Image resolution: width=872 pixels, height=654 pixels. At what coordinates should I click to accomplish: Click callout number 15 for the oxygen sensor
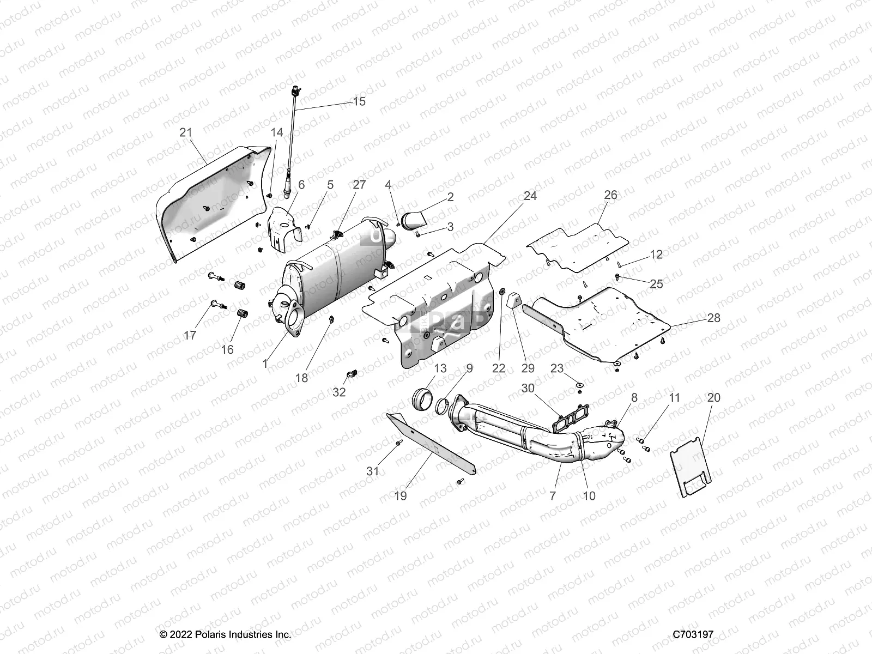coord(359,101)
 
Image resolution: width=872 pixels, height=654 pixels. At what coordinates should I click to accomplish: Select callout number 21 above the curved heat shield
coord(186,132)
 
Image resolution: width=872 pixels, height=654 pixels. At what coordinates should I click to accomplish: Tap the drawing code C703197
coord(693,634)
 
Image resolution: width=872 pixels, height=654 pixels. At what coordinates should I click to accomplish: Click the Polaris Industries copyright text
coord(225,634)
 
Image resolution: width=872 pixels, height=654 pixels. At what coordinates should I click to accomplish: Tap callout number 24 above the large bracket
coord(530,196)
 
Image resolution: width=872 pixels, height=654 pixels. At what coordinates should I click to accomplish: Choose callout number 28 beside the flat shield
coord(713,318)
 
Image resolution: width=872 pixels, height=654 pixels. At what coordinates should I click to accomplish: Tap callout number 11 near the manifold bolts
coord(675,398)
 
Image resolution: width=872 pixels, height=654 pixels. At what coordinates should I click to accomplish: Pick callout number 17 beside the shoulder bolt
coord(189,335)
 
